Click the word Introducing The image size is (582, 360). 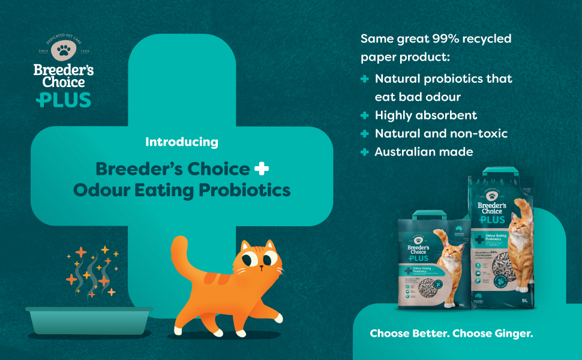click(182, 143)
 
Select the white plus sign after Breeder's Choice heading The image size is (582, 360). click(262, 169)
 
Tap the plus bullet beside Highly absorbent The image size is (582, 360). click(364, 115)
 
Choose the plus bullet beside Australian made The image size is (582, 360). click(364, 152)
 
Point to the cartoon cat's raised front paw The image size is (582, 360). click(273, 316)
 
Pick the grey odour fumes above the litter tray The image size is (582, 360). click(92, 273)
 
